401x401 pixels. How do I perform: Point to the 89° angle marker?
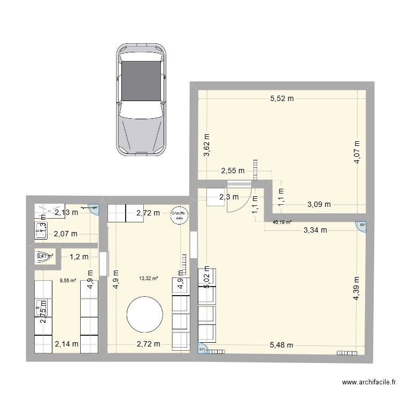(x=362, y=226)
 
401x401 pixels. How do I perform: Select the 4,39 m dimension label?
(x=357, y=289)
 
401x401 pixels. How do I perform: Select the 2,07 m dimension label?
(x=65, y=234)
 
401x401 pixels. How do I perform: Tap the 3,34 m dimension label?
(x=315, y=230)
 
